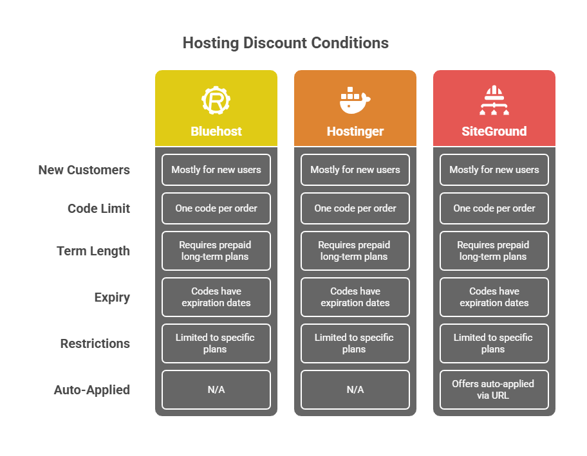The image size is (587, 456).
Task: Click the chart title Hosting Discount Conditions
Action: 286,43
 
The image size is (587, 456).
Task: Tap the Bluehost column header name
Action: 216,131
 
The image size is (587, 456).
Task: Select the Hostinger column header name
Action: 355,132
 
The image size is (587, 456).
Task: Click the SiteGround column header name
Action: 494,131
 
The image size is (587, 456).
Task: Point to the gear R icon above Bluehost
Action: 216,100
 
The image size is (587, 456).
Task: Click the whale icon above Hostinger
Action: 355,100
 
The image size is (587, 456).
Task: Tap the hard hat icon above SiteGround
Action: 494,100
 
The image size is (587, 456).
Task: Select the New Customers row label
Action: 84,170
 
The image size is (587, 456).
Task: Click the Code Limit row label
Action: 99,208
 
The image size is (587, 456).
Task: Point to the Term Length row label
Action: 93,251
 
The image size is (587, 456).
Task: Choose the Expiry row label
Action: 112,297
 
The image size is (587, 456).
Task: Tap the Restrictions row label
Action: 95,343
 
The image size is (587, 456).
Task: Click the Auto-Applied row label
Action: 92,390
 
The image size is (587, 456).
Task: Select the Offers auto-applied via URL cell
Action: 494,390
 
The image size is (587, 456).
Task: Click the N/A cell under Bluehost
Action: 216,390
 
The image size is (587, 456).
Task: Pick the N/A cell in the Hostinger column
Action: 355,390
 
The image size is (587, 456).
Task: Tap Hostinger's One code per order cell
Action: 355,208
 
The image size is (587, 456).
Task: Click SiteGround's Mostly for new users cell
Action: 494,170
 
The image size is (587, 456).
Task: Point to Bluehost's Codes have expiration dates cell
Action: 216,297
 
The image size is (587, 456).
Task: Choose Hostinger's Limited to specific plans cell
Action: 355,343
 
